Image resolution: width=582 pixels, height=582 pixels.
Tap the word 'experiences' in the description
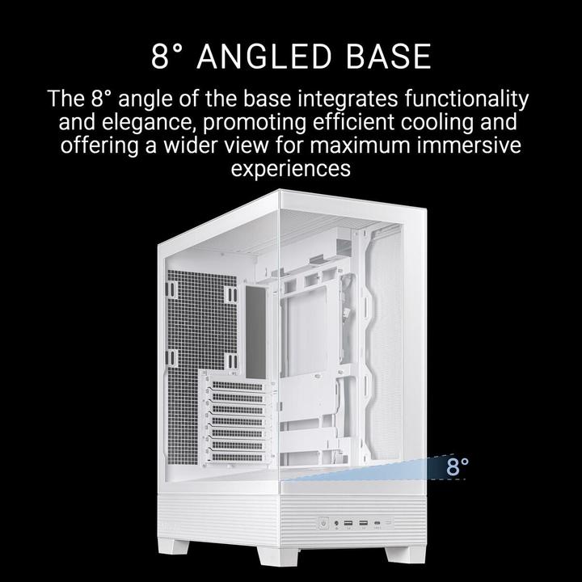(290, 169)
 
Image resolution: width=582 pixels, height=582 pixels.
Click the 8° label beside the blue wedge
(458, 466)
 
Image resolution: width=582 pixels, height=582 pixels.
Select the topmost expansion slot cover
(237, 386)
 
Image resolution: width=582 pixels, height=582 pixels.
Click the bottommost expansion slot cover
(237, 457)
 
